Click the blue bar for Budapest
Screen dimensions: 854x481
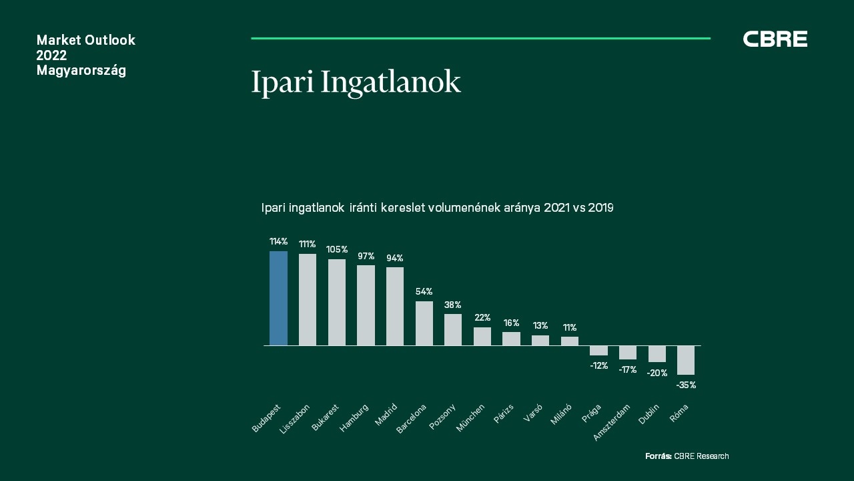point(278,298)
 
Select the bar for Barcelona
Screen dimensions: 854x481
point(424,323)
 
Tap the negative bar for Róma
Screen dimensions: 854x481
point(685,360)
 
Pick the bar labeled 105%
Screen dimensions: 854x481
point(337,303)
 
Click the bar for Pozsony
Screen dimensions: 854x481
point(453,330)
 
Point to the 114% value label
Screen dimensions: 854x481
point(278,241)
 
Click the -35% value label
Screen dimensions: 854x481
point(686,385)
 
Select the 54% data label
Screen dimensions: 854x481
point(424,292)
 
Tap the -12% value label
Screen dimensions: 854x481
point(598,365)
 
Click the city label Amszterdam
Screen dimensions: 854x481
point(612,423)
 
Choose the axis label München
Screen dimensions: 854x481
point(470,418)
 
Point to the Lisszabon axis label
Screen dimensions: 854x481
point(294,419)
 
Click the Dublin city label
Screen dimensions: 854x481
point(649,414)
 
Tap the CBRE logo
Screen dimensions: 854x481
point(775,39)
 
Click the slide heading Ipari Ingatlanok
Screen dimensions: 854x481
point(356,83)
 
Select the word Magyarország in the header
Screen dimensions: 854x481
point(81,71)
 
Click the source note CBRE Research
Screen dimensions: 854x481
point(701,456)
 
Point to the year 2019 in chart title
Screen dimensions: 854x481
point(600,208)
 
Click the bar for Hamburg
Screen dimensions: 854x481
point(366,305)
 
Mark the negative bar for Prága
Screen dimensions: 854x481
point(598,351)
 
